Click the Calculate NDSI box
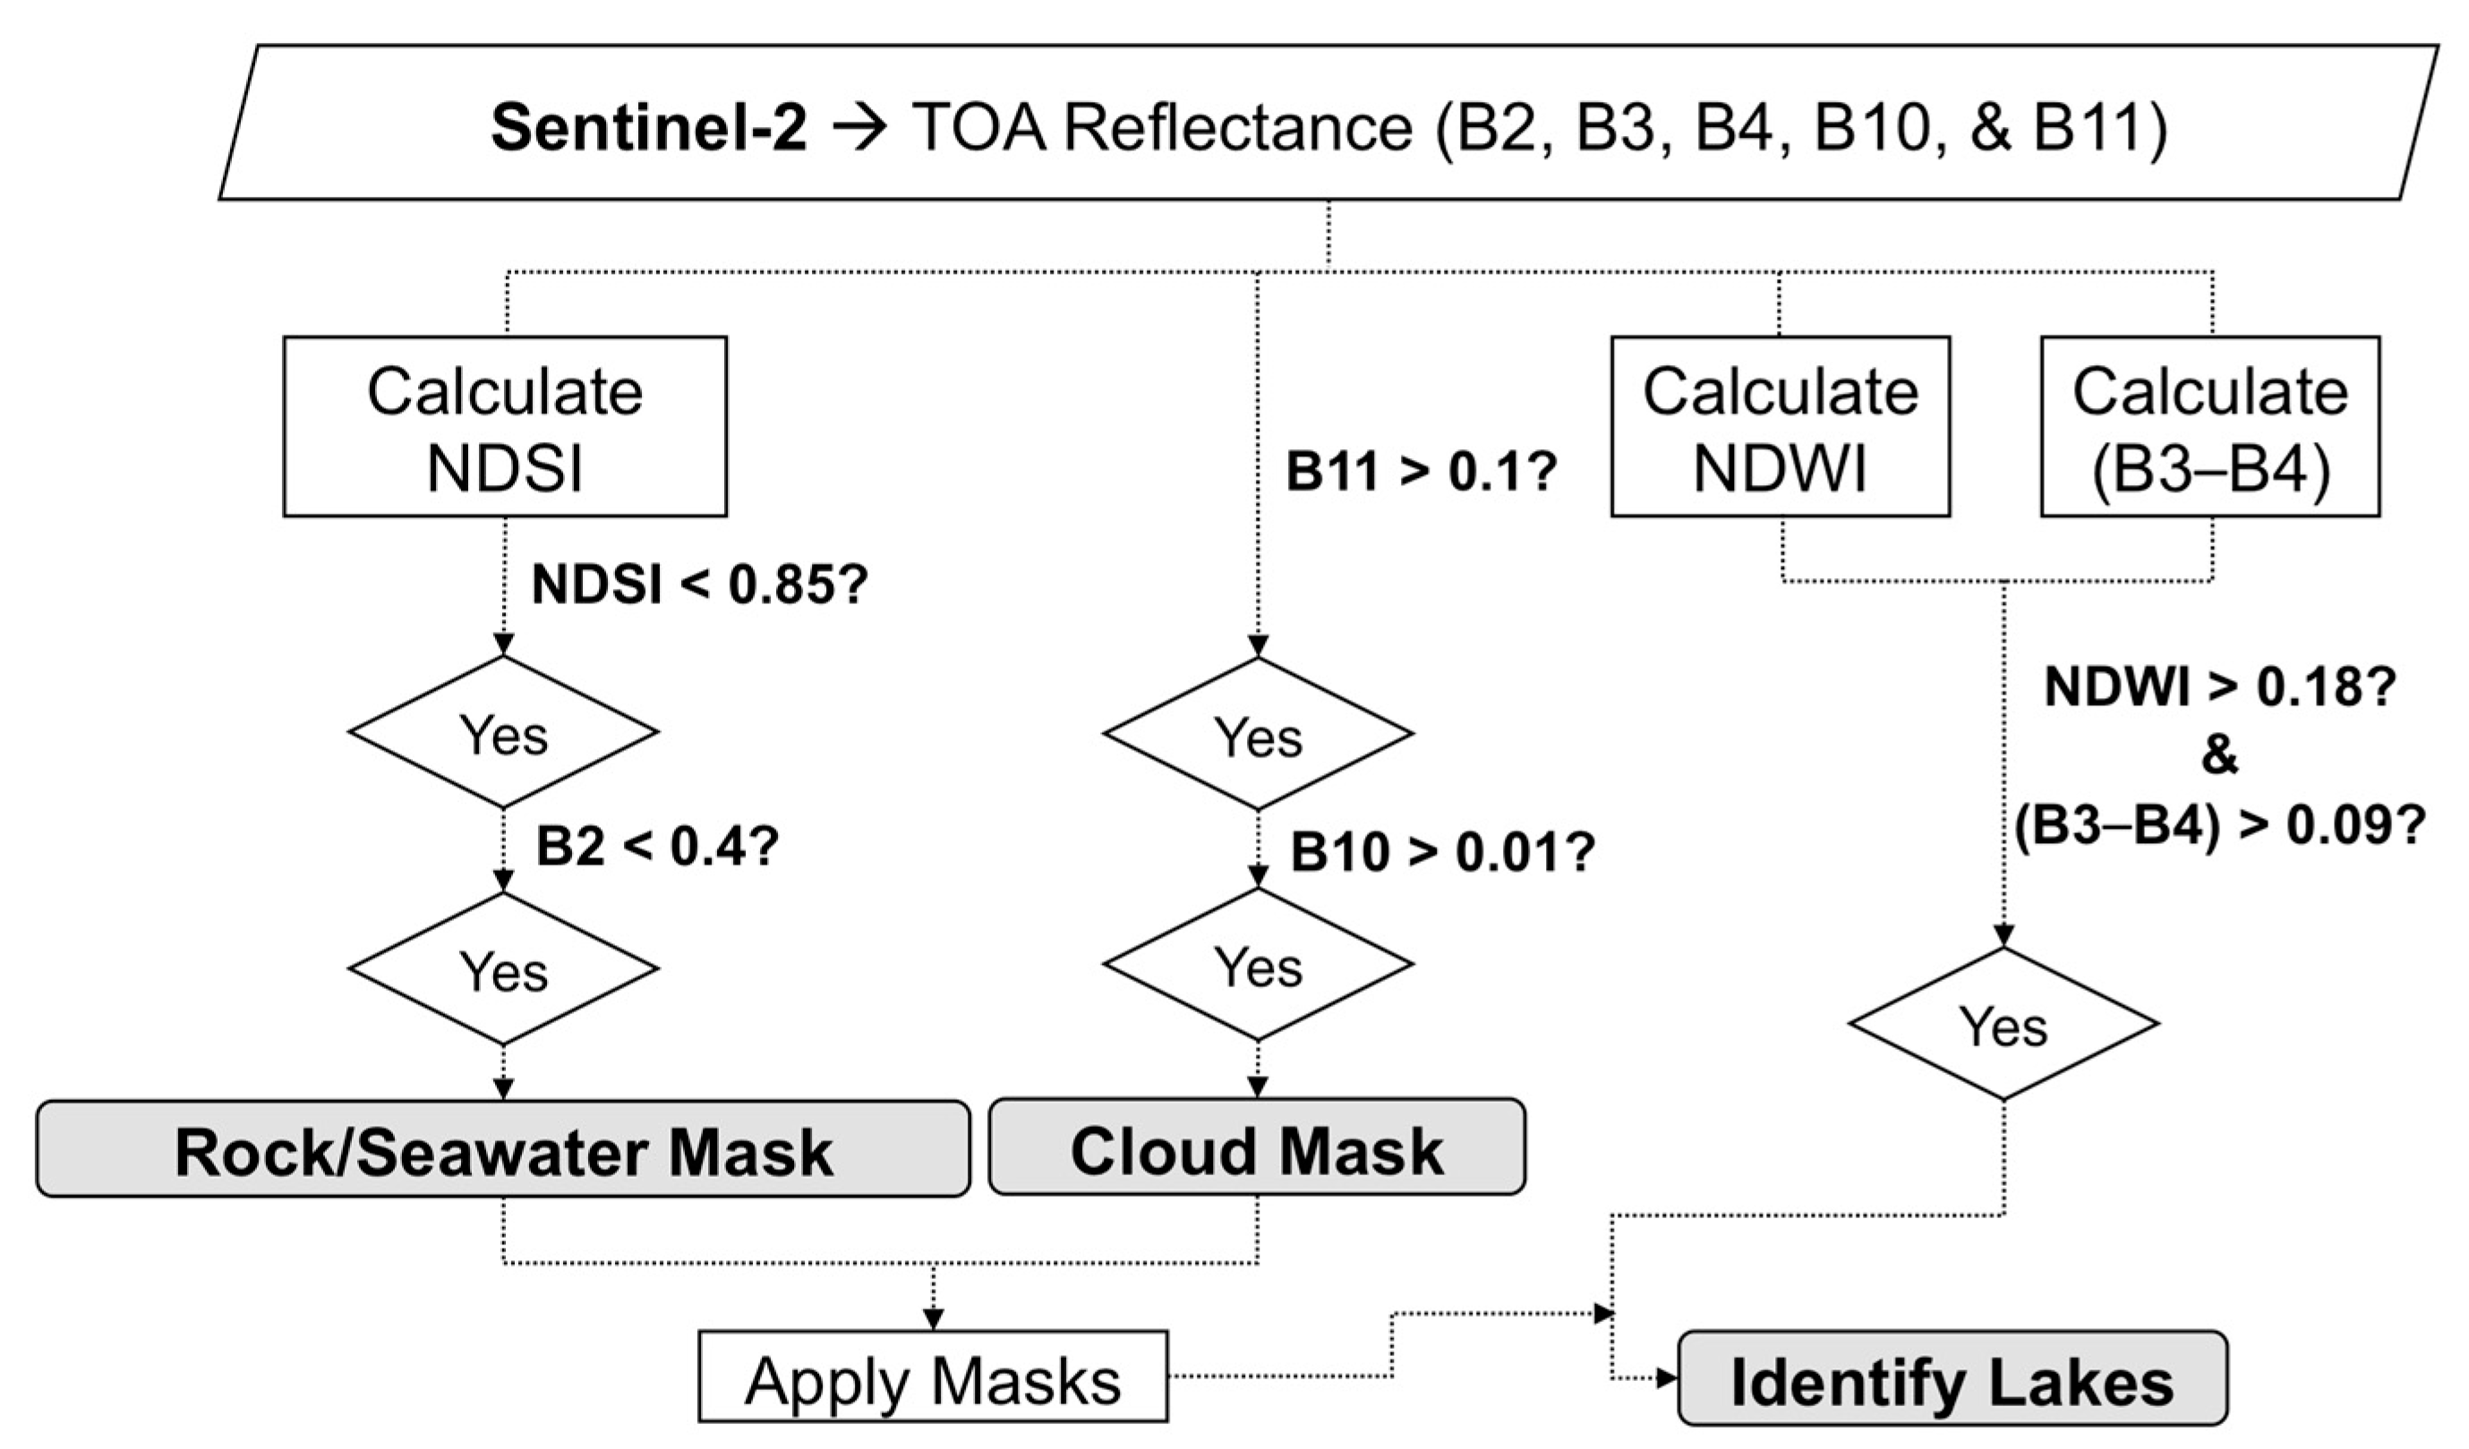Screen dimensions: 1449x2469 [505, 427]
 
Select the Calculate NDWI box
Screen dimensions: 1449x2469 [1780, 427]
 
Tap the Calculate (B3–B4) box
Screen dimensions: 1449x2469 [2209, 427]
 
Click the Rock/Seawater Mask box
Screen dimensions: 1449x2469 [502, 1149]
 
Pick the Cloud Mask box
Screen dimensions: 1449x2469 [1256, 1147]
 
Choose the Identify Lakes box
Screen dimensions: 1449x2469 [1952, 1378]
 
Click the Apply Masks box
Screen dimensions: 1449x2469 [932, 1377]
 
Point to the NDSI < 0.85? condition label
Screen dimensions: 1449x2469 [698, 585]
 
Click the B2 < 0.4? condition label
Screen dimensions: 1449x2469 [656, 847]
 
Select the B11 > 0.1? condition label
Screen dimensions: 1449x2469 [1421, 473]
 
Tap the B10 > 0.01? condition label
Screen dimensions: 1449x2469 [1442, 851]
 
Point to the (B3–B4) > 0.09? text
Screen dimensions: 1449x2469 [2219, 827]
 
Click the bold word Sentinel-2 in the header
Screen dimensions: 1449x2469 [649, 128]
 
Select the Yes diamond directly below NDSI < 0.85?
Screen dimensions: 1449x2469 [502, 732]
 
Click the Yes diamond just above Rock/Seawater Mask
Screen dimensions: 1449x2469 [502, 969]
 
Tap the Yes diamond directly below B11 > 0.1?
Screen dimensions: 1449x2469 [1257, 734]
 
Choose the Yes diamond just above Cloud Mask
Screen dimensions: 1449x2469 [1257, 965]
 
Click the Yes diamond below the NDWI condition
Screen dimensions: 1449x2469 [2003, 1024]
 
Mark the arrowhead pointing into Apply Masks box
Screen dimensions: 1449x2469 [933, 1320]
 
